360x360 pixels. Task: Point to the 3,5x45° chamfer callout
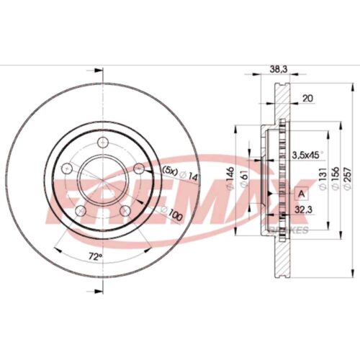(x=305, y=154)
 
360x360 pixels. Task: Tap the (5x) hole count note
(x=168, y=171)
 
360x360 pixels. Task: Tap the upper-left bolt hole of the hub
(x=68, y=168)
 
